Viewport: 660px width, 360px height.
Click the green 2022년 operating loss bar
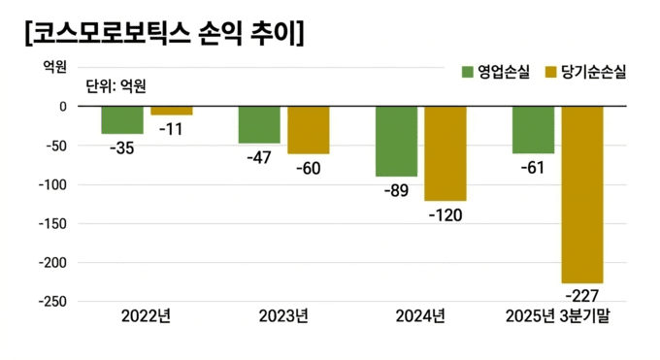(x=122, y=119)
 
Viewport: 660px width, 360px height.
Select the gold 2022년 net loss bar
(x=171, y=111)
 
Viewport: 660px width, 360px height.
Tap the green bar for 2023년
(x=259, y=124)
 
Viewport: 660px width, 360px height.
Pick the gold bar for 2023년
(x=309, y=130)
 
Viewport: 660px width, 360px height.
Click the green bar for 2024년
(x=396, y=141)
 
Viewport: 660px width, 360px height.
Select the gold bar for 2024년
(x=445, y=153)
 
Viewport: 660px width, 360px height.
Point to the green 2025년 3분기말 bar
(x=533, y=130)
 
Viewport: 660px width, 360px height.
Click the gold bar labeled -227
(x=582, y=194)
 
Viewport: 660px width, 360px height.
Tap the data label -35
(x=122, y=147)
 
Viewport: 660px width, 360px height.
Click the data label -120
(x=445, y=215)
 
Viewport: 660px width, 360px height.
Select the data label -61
(x=533, y=168)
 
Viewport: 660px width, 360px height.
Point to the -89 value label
(x=396, y=191)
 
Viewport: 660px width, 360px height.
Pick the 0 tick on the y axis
(x=61, y=107)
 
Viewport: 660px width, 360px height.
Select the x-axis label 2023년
(x=283, y=316)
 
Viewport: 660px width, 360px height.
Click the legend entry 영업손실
(x=496, y=72)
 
